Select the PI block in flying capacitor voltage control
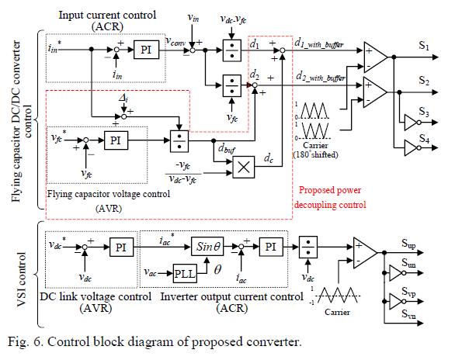coord(114,141)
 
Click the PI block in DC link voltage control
coord(121,247)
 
